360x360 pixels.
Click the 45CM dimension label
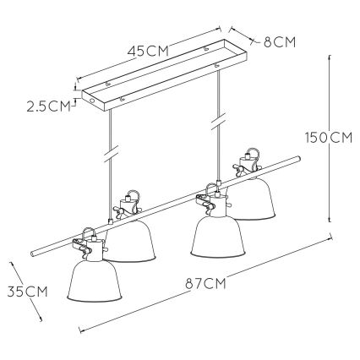148,52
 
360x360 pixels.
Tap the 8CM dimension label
280,42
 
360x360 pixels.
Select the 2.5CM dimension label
48,106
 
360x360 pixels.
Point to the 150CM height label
329,138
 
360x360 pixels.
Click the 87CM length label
206,284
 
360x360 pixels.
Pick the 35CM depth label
27,292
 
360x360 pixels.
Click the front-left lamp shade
94,281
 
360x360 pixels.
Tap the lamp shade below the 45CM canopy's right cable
217,237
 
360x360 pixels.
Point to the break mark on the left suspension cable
112,154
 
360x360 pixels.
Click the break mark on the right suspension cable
218,122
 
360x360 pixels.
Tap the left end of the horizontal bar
33,254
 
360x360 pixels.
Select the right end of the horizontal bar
298,158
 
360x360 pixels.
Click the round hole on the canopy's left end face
91,101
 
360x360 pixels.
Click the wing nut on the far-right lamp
239,170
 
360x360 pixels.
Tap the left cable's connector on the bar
111,221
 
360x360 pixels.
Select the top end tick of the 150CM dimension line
330,57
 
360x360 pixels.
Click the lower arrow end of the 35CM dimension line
41,319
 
